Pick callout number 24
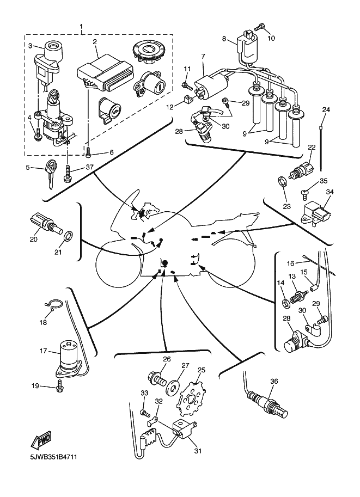click(x=326, y=110)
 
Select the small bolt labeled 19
click(x=60, y=387)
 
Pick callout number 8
click(x=224, y=39)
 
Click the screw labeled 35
click(x=304, y=192)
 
